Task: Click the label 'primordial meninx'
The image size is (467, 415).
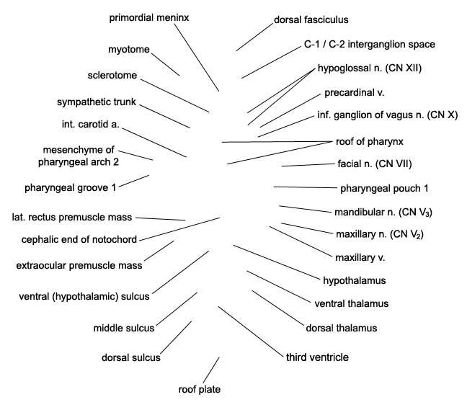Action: click(149, 17)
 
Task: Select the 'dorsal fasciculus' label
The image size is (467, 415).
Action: click(311, 19)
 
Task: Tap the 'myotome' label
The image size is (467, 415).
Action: click(129, 50)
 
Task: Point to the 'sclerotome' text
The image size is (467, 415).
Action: click(112, 76)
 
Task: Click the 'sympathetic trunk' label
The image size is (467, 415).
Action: click(97, 102)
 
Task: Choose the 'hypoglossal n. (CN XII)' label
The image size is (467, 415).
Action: click(370, 68)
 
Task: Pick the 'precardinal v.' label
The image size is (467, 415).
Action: click(355, 93)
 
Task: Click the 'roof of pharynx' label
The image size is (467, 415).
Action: click(370, 141)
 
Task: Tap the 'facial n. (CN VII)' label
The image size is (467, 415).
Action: click(375, 164)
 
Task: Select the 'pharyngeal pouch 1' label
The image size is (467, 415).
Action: click(384, 189)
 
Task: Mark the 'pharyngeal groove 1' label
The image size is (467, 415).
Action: click(71, 188)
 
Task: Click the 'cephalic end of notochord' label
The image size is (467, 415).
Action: click(79, 239)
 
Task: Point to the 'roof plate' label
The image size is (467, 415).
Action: click(199, 389)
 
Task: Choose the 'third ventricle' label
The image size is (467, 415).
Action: click(317, 357)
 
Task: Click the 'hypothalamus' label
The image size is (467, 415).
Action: click(355, 280)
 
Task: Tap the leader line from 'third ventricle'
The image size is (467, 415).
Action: click(251, 331)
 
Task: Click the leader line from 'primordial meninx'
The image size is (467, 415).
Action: click(197, 58)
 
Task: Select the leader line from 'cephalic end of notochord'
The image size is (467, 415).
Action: click(179, 229)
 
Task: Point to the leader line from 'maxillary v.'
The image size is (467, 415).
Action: click(301, 241)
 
